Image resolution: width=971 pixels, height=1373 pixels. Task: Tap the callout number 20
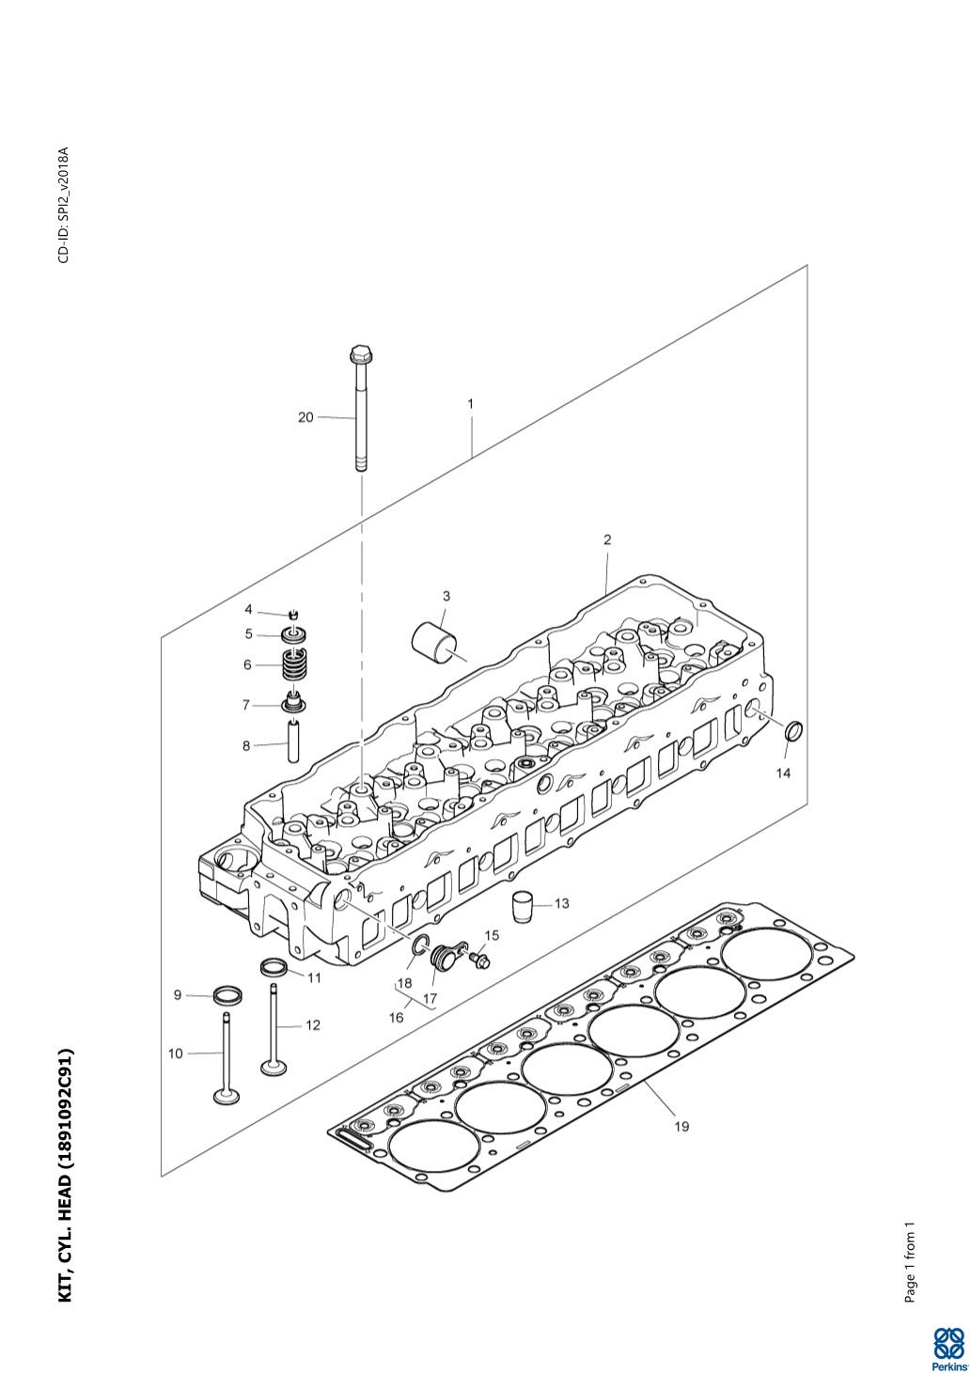[x=305, y=417]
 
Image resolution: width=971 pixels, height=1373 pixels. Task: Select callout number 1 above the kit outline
[x=470, y=404]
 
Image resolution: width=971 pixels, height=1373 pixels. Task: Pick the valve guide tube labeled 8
[x=293, y=741]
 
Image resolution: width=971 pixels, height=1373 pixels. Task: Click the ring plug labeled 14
[x=794, y=731]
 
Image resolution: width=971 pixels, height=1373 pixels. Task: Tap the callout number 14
[x=783, y=773]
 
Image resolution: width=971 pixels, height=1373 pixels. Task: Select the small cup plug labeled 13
[x=523, y=905]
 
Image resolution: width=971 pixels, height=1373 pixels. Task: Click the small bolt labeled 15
[x=479, y=960]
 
